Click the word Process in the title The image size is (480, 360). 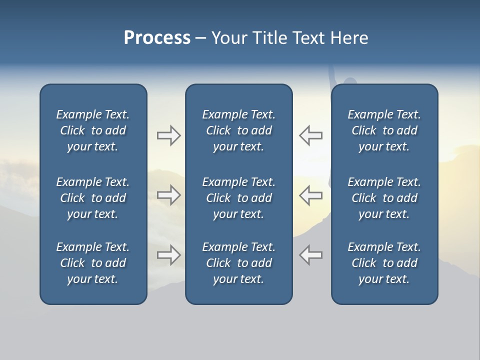pos(157,38)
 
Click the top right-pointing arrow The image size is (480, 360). pos(169,135)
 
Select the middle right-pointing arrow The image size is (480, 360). pos(169,195)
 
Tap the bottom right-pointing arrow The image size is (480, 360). pos(169,255)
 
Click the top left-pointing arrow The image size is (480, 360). pos(310,135)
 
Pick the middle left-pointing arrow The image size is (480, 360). pos(310,195)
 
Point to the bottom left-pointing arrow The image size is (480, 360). pos(310,255)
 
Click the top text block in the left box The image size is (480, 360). pos(93,130)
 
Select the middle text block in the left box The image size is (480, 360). pos(93,198)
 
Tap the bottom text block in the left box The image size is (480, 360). pos(93,263)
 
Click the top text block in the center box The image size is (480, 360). pos(238,130)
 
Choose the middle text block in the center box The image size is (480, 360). pos(238,198)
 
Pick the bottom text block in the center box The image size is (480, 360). pos(238,263)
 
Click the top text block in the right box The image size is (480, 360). pos(384,130)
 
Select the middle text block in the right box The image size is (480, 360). pos(384,198)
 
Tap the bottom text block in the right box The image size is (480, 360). pos(384,263)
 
